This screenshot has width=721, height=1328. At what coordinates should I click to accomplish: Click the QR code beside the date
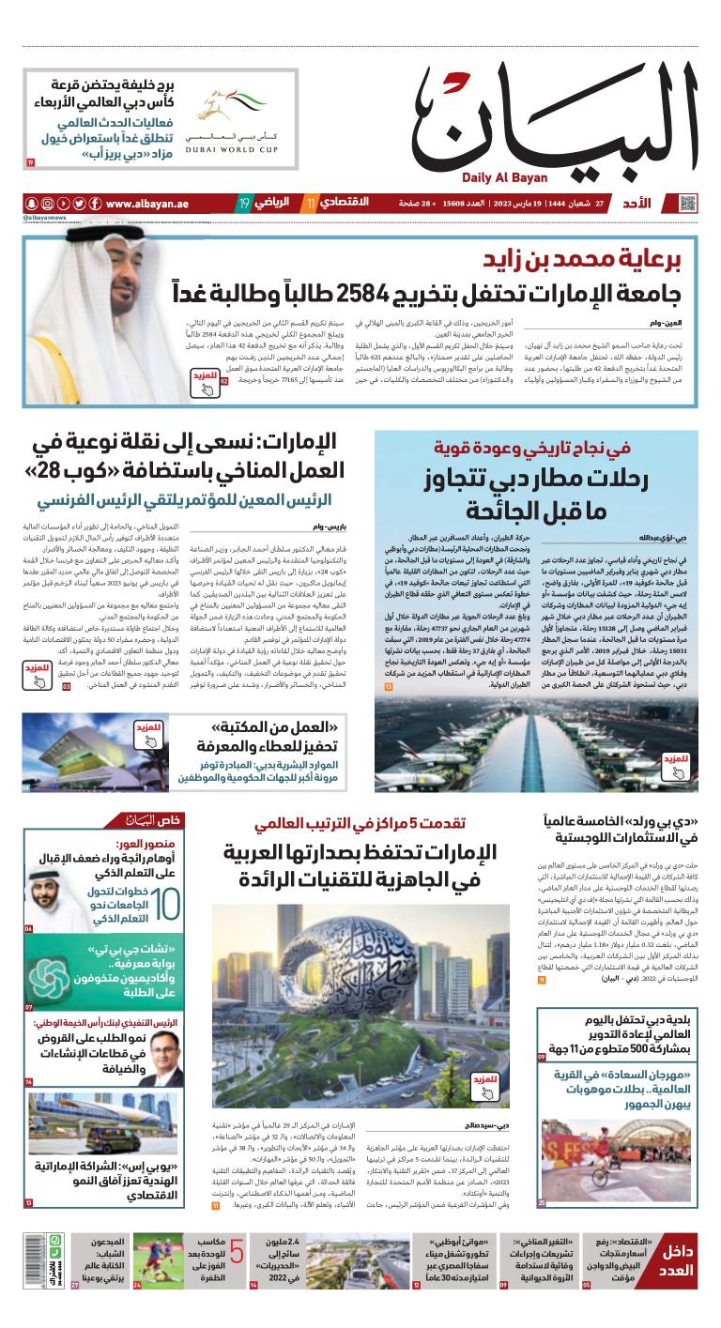(689, 203)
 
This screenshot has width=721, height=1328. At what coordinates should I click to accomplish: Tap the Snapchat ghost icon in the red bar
(31, 204)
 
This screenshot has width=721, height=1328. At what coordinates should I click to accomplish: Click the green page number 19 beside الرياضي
(243, 204)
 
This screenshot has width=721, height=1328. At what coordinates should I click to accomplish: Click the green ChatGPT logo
(45, 972)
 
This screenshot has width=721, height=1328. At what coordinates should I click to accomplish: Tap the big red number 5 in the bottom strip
(237, 1252)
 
